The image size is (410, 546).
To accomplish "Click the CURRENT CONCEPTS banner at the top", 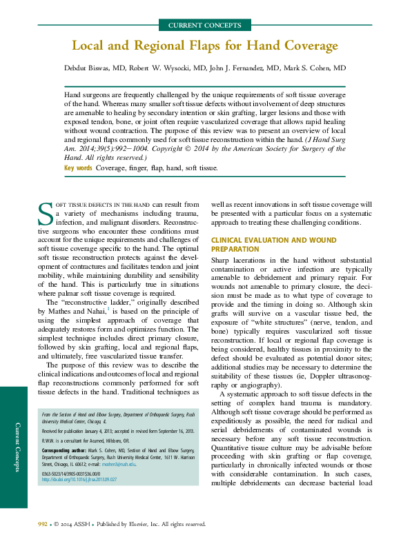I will click(205, 25).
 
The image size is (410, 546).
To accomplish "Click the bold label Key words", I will click(78, 168).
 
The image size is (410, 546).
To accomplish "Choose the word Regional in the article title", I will click(154, 47).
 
